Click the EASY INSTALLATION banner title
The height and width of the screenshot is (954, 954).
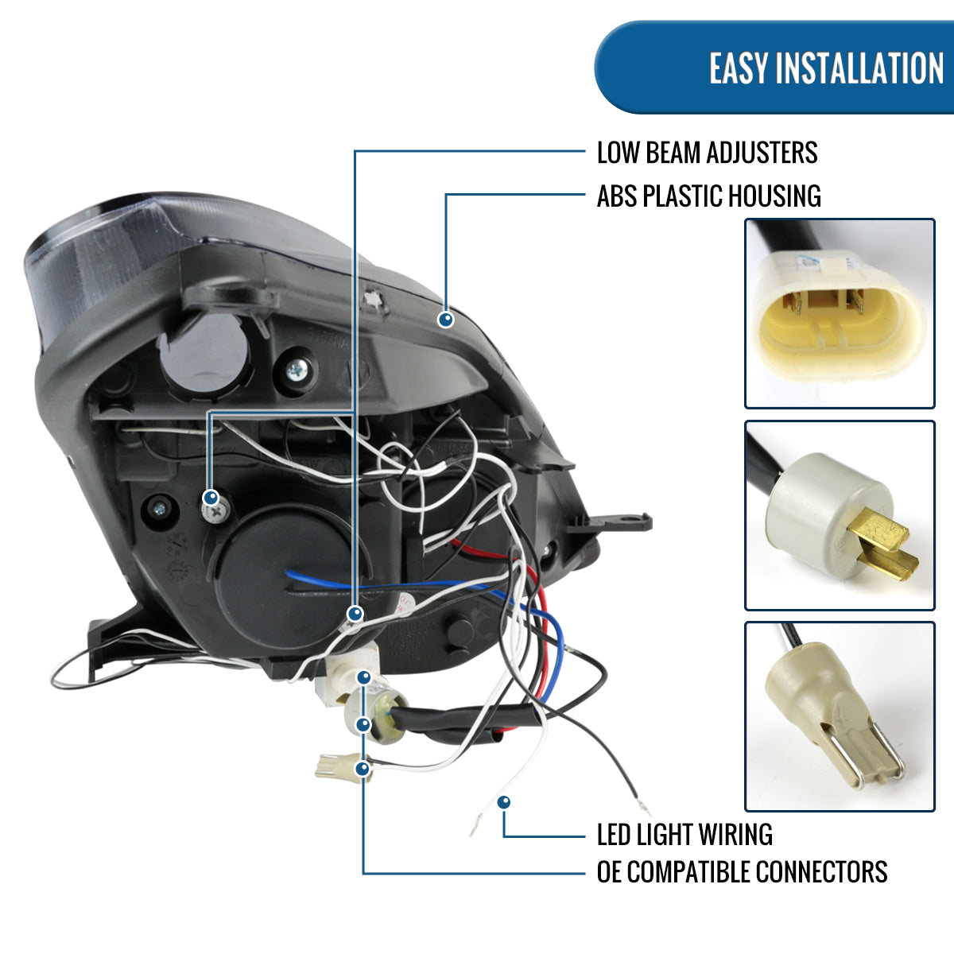tap(826, 68)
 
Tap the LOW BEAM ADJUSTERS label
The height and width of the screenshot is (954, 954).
tap(707, 153)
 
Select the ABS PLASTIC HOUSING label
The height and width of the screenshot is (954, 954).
tap(708, 196)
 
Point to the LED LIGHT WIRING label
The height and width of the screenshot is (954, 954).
tap(684, 835)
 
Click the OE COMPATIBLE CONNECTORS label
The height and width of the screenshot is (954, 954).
tap(742, 872)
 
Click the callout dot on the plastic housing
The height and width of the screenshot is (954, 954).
tap(446, 320)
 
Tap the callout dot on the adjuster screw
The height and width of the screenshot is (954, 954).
tap(211, 498)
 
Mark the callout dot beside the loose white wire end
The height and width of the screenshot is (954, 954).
tap(503, 802)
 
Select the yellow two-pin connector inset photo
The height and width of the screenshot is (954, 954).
tap(840, 313)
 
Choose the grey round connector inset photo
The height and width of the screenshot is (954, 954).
tap(840, 515)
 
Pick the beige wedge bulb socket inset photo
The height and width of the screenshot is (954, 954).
tap(840, 716)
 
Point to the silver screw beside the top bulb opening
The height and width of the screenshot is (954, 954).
tap(298, 369)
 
